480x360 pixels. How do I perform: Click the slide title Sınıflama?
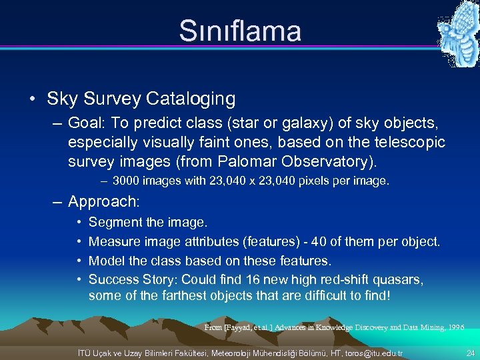[240, 31]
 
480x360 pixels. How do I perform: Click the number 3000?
[126, 181]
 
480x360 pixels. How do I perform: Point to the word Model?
[107, 259]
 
